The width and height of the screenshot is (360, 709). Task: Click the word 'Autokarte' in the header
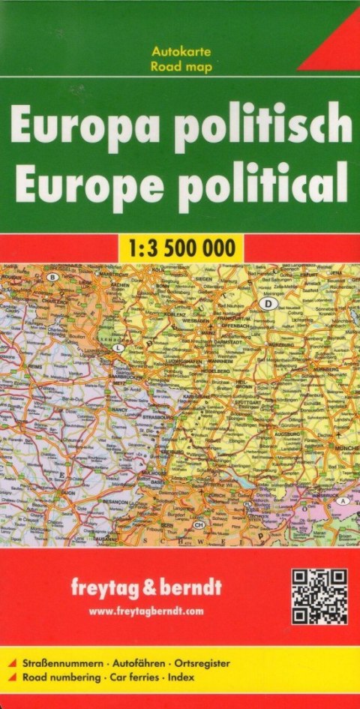click(181, 52)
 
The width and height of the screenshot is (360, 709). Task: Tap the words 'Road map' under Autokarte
click(181, 66)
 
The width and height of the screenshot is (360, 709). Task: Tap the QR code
click(319, 596)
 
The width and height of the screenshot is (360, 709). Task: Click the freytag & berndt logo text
click(155, 586)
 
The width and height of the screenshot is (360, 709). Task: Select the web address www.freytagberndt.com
click(146, 612)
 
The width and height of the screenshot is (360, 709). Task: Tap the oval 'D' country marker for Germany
click(266, 303)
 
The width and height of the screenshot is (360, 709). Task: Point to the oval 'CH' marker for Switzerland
click(199, 524)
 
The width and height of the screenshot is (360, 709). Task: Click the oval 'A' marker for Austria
click(343, 500)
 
